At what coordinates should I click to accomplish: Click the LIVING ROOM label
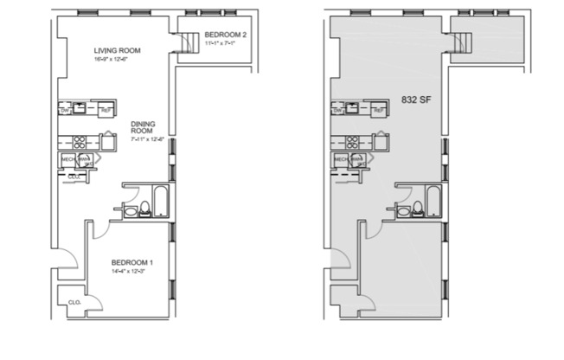[x=117, y=50]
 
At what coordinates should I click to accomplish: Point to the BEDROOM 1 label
[x=132, y=262]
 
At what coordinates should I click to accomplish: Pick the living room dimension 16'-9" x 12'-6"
[x=117, y=61]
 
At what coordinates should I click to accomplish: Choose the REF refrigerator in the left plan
[x=106, y=110]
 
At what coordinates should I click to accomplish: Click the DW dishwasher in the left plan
[x=65, y=110]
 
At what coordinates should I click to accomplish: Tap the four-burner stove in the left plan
[x=79, y=143]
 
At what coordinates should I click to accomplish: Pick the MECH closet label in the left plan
[x=67, y=159]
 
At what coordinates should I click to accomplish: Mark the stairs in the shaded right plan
[x=463, y=40]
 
